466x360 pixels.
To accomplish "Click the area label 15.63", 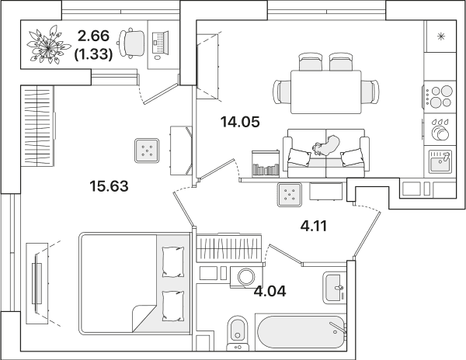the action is click(109, 186).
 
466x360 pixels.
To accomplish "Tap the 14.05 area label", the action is click(240, 122).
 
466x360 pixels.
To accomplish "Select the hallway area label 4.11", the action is click(314, 226).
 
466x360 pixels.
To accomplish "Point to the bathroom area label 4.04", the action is click(270, 291).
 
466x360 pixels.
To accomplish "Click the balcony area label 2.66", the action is click(94, 36).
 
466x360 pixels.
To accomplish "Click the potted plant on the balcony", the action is click(48, 46).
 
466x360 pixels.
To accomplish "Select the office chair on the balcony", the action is click(132, 43).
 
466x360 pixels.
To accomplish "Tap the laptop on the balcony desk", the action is click(160, 42).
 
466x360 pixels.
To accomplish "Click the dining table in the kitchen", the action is click(326, 92).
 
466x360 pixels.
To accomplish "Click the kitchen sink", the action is click(440, 161).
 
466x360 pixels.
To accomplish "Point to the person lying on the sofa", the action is click(325, 146).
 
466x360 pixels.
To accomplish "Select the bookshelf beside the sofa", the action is click(266, 164).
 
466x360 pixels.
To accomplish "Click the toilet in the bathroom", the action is click(238, 333).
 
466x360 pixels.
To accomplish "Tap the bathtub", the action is click(301, 331).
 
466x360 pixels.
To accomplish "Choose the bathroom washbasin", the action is click(333, 288).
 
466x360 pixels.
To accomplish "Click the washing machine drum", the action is click(246, 277).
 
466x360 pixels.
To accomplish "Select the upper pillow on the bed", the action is click(173, 262).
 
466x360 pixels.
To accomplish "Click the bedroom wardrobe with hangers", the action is click(37, 126).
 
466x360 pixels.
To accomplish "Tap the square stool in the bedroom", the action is click(147, 151).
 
